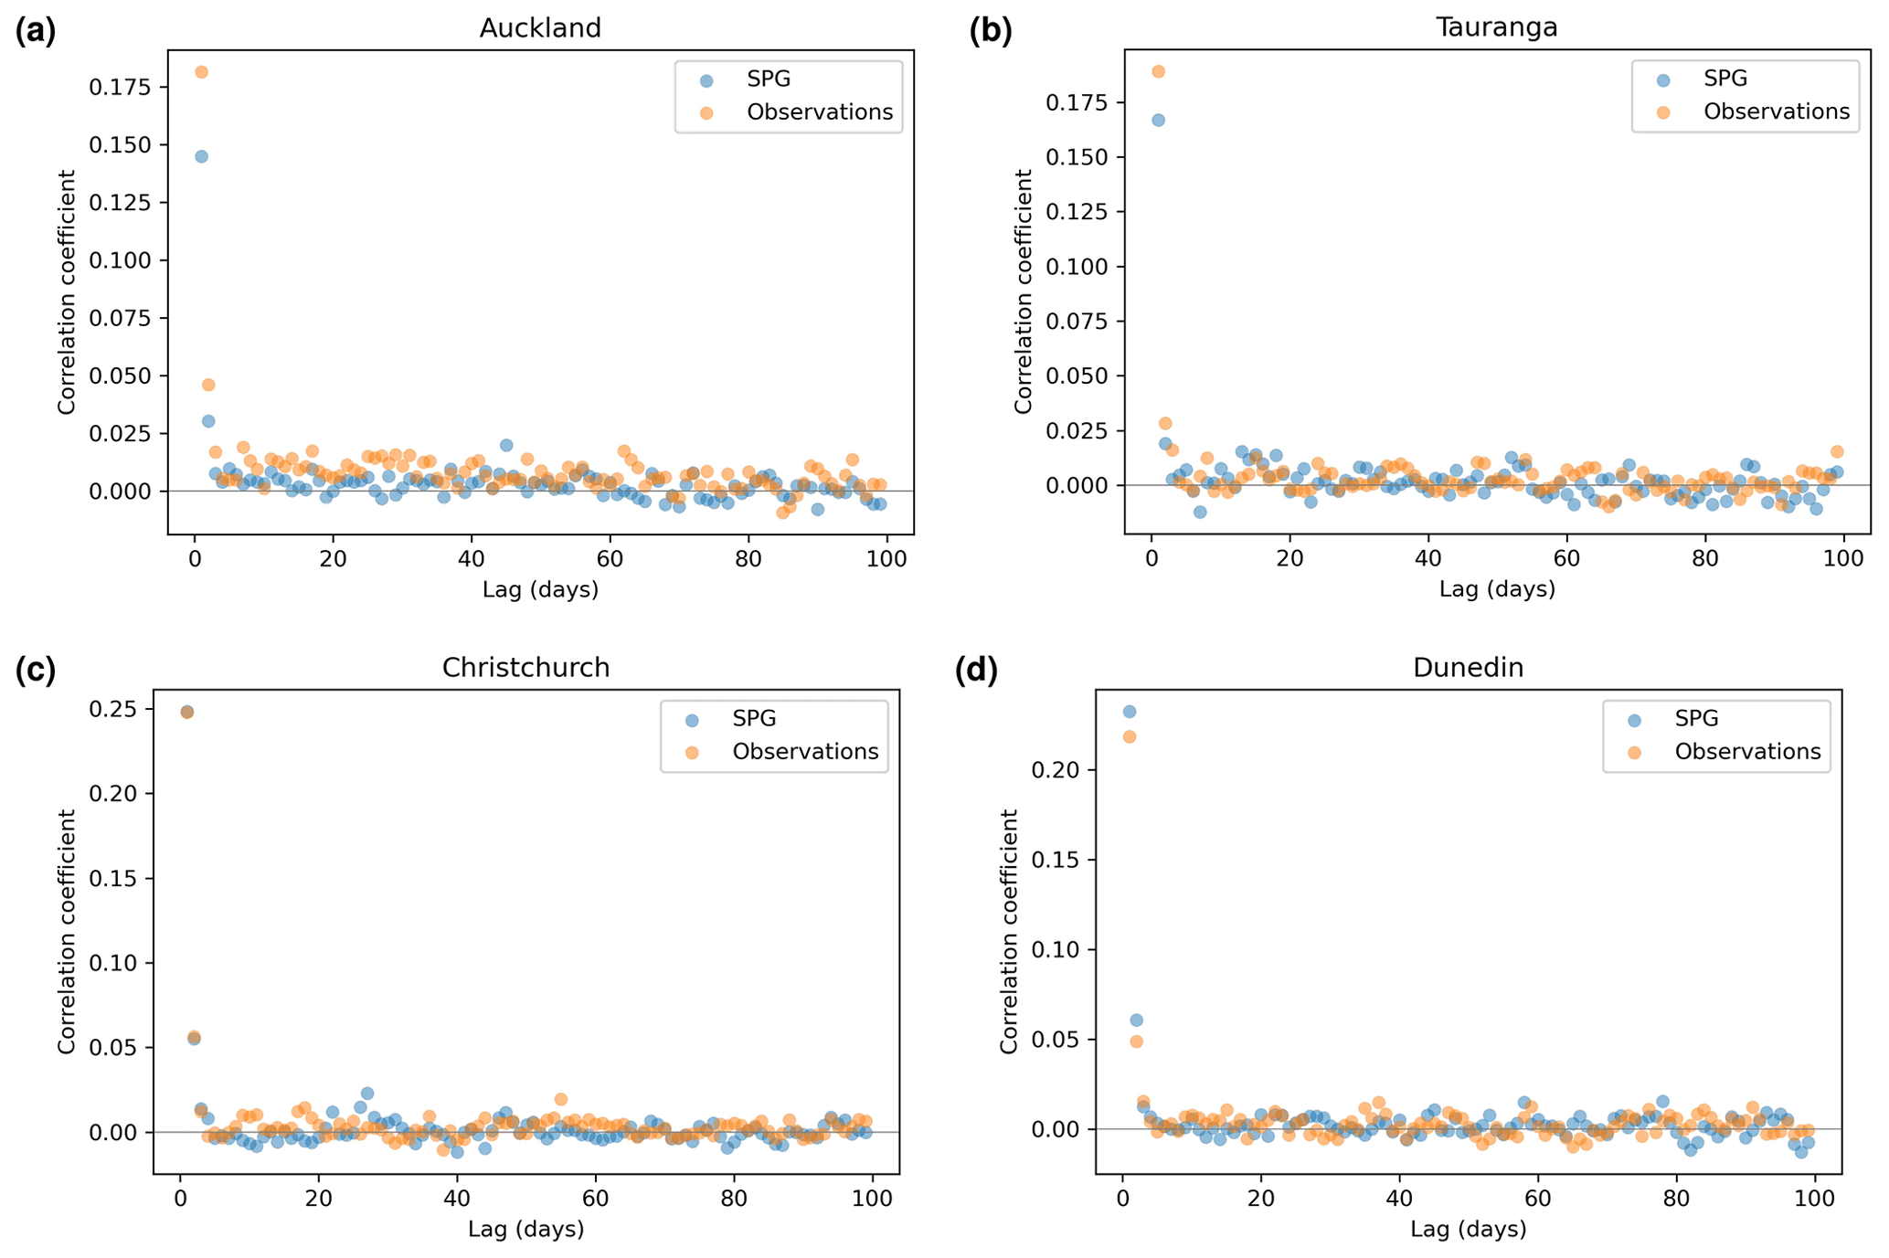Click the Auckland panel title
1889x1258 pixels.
(x=540, y=28)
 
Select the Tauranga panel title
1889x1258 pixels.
(x=1496, y=27)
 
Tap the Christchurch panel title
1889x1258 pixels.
(x=525, y=668)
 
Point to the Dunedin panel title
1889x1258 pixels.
(x=1468, y=668)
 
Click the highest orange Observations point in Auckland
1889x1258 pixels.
(x=202, y=72)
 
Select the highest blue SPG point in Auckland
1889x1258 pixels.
(x=202, y=156)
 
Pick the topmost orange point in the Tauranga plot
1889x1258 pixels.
(x=1158, y=71)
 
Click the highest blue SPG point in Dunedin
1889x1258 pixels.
(x=1130, y=712)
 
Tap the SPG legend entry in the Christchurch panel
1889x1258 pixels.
(x=754, y=719)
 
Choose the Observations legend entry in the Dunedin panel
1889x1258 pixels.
(x=1746, y=752)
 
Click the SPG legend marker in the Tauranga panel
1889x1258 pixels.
(x=1663, y=80)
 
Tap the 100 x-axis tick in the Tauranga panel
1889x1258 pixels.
(x=1842, y=558)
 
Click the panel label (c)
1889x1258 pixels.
(x=36, y=670)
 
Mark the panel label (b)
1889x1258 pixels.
(x=991, y=31)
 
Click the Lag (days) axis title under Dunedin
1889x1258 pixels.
(x=1468, y=1230)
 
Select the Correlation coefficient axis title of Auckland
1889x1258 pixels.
(x=67, y=291)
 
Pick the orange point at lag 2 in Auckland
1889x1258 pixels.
(x=208, y=385)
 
